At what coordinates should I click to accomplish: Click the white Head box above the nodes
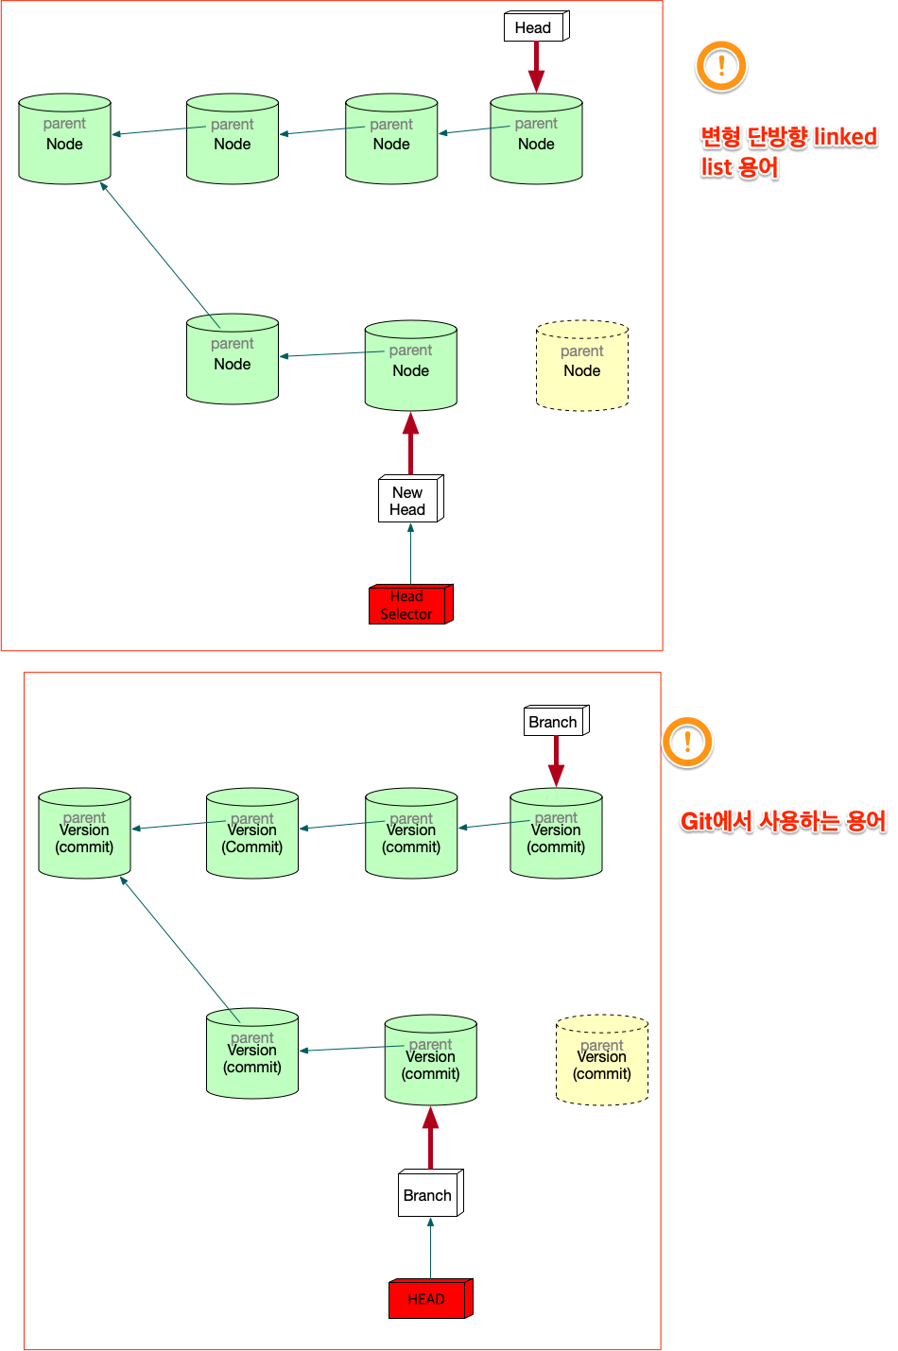(535, 27)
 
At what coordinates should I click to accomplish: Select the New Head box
(409, 500)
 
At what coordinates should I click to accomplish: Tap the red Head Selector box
(409, 605)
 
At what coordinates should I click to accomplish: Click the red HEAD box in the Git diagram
(429, 1299)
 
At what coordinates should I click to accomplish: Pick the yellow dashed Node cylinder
(582, 367)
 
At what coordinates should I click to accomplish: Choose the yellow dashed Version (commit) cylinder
(602, 1061)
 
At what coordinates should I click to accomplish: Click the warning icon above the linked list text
(721, 65)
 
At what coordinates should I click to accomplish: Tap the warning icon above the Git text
(687, 742)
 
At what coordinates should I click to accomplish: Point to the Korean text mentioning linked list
(787, 151)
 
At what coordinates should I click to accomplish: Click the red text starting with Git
(783, 821)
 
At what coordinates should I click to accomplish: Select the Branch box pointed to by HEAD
(429, 1195)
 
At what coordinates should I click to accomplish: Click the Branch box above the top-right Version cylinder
(555, 722)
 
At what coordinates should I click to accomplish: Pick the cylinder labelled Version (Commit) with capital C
(252, 834)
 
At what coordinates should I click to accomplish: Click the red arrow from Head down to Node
(536, 67)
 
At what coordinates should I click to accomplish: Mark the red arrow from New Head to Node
(410, 444)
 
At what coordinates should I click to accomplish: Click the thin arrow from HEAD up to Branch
(430, 1248)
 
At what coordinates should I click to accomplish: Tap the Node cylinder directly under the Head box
(536, 139)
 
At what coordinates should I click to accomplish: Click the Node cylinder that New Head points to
(411, 367)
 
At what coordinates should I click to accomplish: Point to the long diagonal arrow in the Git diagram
(180, 945)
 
